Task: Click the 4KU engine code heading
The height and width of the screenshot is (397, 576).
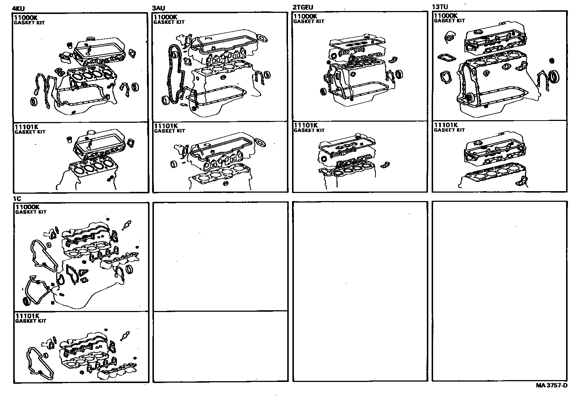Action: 18,9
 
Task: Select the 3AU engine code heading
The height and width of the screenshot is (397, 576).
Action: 159,8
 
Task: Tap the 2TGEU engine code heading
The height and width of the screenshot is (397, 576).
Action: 303,7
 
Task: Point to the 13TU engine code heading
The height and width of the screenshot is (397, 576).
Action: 441,7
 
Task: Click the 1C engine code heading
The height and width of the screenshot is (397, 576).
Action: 17,198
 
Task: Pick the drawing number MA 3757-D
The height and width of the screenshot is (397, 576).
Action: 551,386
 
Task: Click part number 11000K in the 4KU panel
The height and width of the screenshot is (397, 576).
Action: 26,17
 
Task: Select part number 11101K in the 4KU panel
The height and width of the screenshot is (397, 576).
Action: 26,127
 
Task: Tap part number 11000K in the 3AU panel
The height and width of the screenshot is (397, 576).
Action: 166,17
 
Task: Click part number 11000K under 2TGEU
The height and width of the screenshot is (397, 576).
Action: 305,16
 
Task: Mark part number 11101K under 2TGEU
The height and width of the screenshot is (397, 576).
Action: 306,125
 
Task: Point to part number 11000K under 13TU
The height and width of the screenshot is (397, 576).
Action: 446,15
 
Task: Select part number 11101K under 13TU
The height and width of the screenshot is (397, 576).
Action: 446,125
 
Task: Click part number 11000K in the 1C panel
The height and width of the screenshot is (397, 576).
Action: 27,207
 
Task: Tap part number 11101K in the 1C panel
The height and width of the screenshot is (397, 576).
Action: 27,316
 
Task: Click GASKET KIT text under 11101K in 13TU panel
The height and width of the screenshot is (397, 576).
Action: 449,130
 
